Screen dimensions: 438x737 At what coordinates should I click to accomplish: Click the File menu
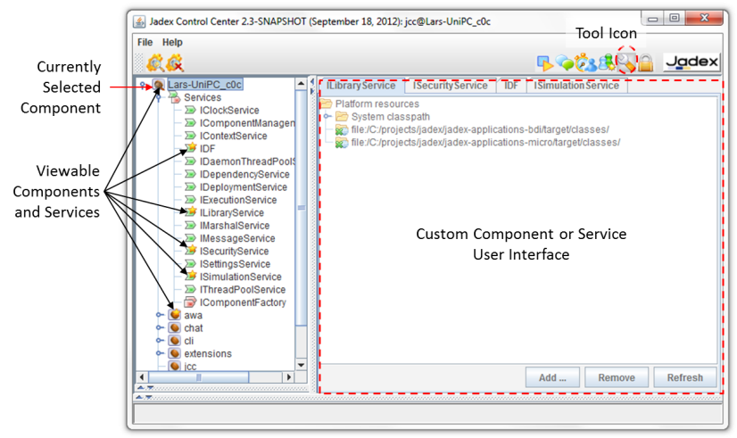click(145, 42)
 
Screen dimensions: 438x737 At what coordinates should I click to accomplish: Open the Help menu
click(172, 42)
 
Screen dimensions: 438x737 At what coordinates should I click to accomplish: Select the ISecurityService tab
click(451, 86)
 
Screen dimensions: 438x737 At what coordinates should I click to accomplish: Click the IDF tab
click(510, 86)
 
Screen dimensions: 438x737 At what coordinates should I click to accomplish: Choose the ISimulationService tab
click(576, 86)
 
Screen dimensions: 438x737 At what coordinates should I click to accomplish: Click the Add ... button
click(552, 377)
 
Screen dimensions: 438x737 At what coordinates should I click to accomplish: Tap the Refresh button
click(684, 377)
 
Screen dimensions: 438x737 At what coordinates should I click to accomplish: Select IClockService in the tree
click(229, 110)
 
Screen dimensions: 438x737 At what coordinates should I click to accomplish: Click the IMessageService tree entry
click(237, 238)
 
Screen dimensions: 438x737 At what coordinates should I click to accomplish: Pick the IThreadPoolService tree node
click(243, 290)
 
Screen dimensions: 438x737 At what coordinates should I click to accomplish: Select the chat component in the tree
click(194, 327)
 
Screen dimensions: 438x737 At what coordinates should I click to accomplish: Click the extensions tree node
click(207, 353)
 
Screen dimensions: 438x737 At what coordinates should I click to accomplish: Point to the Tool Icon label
click(607, 33)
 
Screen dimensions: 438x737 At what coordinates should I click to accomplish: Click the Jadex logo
click(691, 62)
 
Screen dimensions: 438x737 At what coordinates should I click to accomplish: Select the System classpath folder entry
click(390, 117)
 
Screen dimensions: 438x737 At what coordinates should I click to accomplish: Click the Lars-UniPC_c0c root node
click(203, 84)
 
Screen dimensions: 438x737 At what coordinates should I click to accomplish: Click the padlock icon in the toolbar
click(644, 62)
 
